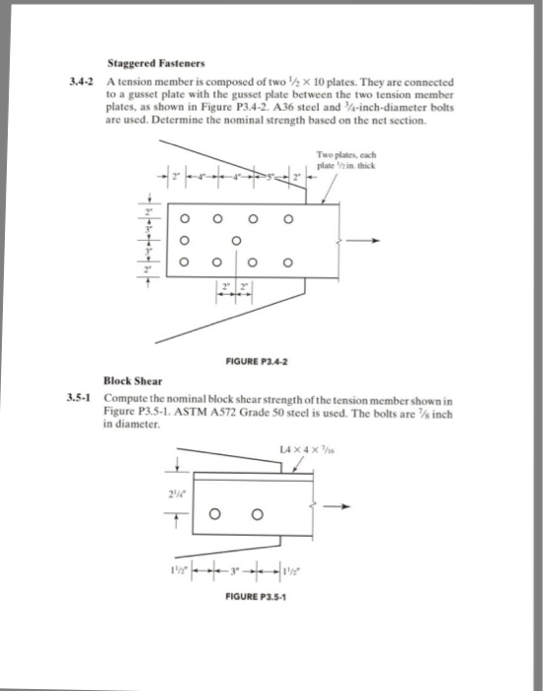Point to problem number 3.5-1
click(82, 399)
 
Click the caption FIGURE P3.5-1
click(254, 597)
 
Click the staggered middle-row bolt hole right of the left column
click(236, 240)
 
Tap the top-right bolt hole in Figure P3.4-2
click(288, 218)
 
